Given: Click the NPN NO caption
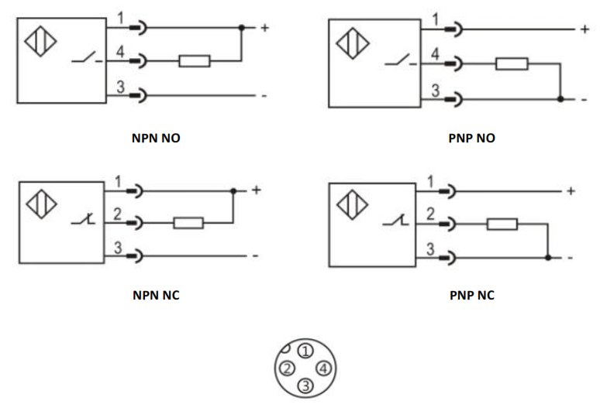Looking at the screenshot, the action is pyautogui.click(x=156, y=138).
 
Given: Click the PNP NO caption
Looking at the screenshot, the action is pyautogui.click(x=471, y=138).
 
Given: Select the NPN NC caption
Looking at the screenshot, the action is pyautogui.click(x=156, y=295).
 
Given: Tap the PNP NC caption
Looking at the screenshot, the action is pyautogui.click(x=472, y=295).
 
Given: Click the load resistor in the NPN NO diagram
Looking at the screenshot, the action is pyautogui.click(x=195, y=61).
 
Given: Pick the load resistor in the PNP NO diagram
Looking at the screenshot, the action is pyautogui.click(x=512, y=63).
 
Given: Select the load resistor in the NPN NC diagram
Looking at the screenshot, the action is pyautogui.click(x=188, y=223).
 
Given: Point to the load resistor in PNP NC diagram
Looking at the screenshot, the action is pyautogui.click(x=502, y=224).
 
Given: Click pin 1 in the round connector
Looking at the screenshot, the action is pyautogui.click(x=305, y=351).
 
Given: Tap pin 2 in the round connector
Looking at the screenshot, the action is pyautogui.click(x=287, y=368).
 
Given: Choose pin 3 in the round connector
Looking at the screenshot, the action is pyautogui.click(x=305, y=386).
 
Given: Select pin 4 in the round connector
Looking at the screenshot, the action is pyautogui.click(x=324, y=368).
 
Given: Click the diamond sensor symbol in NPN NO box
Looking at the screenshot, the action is pyautogui.click(x=40, y=41).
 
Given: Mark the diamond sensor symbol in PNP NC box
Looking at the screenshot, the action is pyautogui.click(x=353, y=205).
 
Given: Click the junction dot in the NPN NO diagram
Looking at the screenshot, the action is pyautogui.click(x=241, y=28).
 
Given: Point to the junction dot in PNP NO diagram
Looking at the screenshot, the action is pyautogui.click(x=560, y=99).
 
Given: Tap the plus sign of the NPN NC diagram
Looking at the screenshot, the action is pyautogui.click(x=257, y=190).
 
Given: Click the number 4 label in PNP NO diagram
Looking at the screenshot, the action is pyautogui.click(x=435, y=54).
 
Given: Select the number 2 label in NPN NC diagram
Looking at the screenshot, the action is pyautogui.click(x=118, y=214).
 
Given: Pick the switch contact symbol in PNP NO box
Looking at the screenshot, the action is pyautogui.click(x=401, y=60).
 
